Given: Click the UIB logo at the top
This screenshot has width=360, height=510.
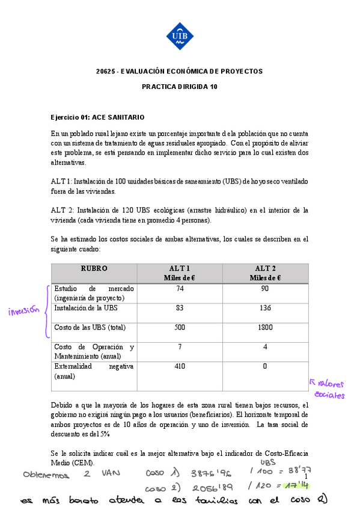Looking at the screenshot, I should click(x=180, y=36).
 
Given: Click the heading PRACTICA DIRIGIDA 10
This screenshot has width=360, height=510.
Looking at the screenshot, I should click(x=180, y=87).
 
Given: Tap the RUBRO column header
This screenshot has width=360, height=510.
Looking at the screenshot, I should click(x=94, y=268).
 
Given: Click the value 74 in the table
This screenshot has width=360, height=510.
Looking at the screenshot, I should click(x=180, y=289).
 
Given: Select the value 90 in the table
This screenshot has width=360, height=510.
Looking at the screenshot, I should click(x=265, y=289).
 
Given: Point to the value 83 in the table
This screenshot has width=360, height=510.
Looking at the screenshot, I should click(x=180, y=308).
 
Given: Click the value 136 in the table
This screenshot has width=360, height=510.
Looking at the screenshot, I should click(x=265, y=308).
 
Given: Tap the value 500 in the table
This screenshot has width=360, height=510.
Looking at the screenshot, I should click(x=180, y=328).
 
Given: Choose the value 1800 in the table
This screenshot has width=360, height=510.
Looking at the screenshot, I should click(x=265, y=328).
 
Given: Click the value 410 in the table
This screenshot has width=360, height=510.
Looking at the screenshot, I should click(x=180, y=366).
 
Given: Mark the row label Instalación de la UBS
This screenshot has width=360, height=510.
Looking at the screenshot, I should click(x=86, y=308).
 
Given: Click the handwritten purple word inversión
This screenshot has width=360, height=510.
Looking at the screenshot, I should click(x=23, y=311).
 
